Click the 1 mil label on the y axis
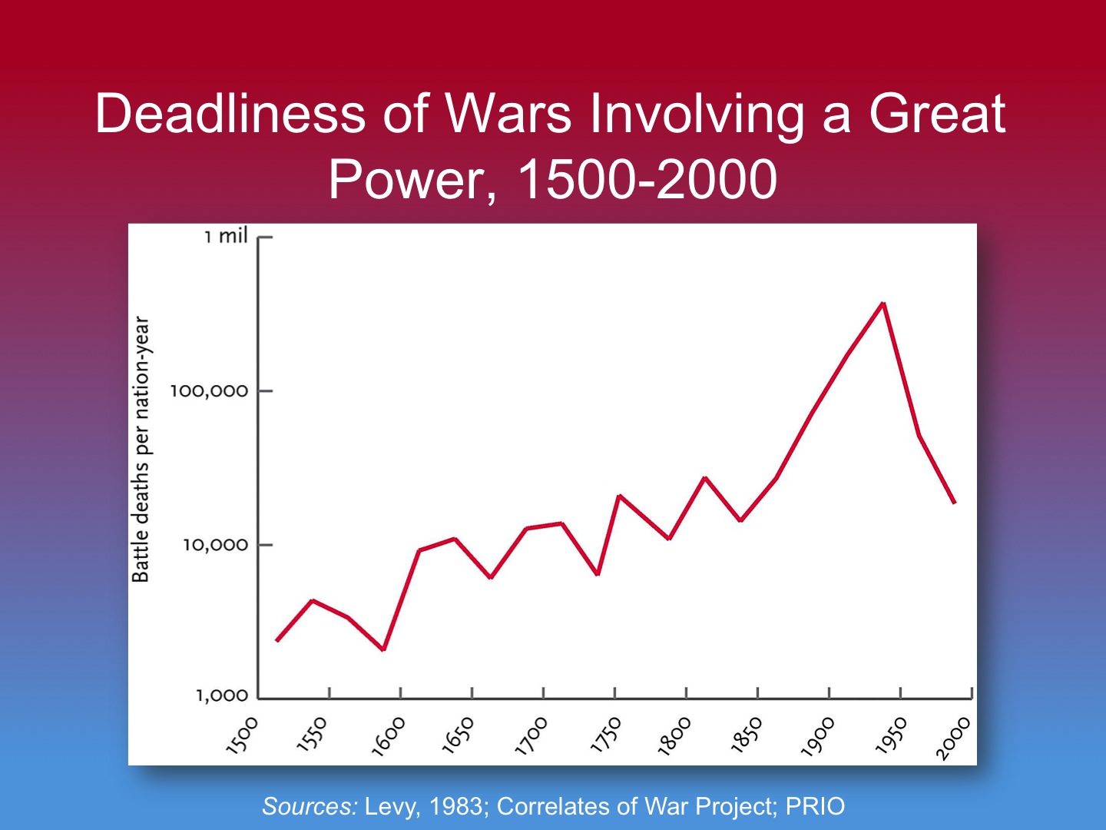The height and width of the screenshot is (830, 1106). coord(226,236)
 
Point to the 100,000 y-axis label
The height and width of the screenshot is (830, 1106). coord(209,391)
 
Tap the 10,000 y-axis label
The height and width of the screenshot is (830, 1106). coord(215,545)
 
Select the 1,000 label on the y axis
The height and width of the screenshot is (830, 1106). coord(222,696)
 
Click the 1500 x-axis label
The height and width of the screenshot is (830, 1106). coord(243,735)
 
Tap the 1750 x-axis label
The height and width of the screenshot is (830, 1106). coord(604,735)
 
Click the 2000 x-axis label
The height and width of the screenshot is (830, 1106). coord(953,739)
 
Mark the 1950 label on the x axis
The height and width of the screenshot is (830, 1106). coord(891,735)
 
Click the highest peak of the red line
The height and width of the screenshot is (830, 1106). coord(883,304)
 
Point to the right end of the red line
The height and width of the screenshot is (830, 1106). coord(955,503)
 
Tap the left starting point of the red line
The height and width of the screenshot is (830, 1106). coord(276,640)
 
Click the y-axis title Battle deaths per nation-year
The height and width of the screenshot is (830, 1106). coord(141,450)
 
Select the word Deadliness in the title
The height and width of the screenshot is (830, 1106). coord(230,114)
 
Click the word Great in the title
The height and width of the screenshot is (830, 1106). coord(937,114)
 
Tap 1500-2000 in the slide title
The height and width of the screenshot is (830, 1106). coord(647,180)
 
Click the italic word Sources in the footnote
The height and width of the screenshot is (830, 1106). coord(310,806)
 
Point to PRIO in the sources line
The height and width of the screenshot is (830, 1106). coord(815,806)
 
